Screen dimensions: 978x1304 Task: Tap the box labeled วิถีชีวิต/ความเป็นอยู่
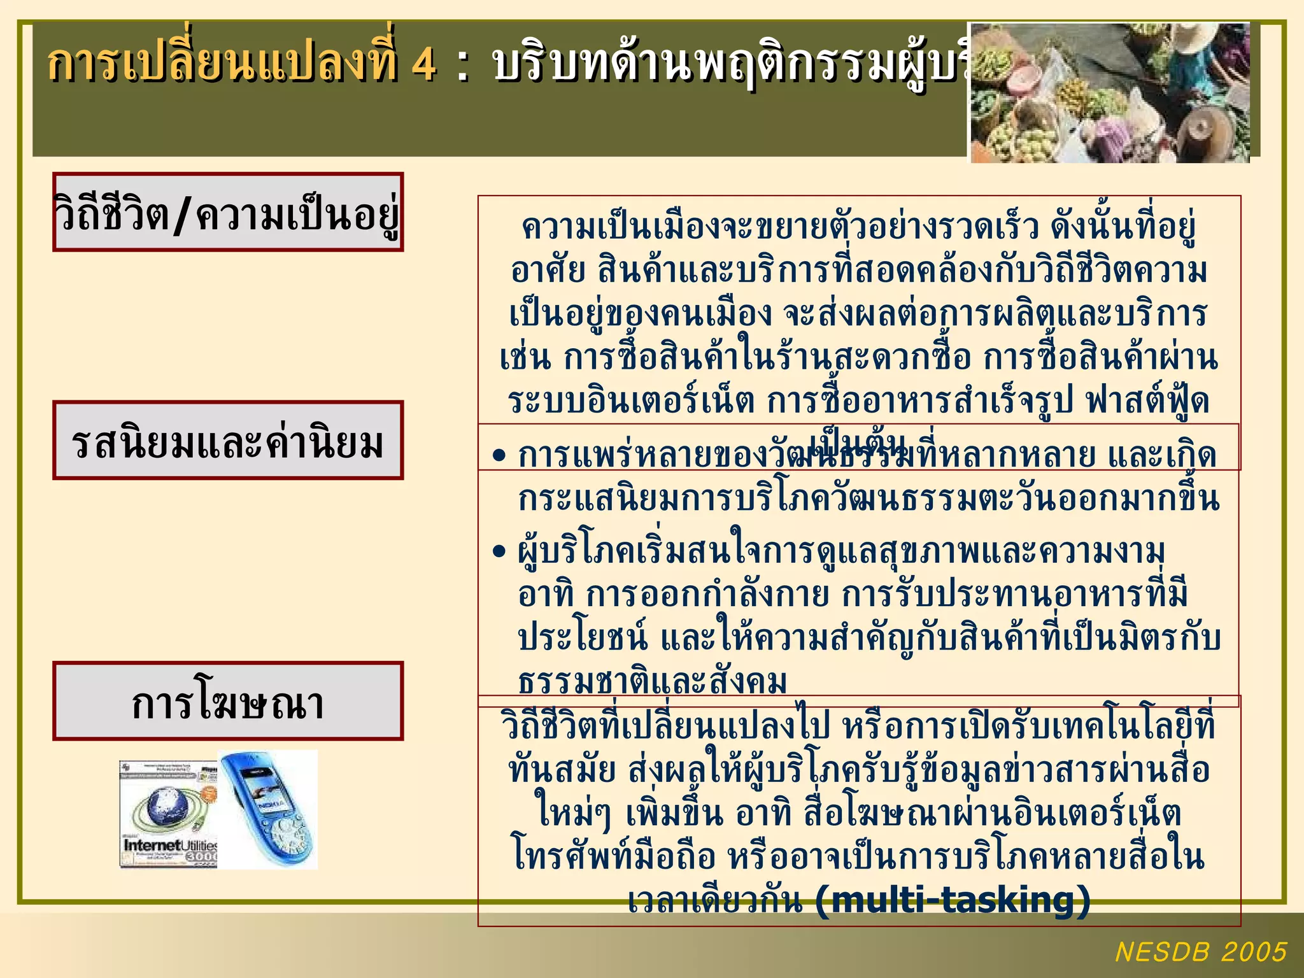pos(228,212)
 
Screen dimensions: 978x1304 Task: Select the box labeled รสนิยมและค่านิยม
pos(228,441)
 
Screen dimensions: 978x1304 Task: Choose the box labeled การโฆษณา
pos(228,701)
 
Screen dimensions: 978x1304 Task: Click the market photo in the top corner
pos(1109,92)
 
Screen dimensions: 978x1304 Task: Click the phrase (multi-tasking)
pos(953,900)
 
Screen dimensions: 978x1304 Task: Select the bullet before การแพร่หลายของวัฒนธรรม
pos(499,456)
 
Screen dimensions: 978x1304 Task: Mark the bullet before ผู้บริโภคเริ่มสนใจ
pos(499,551)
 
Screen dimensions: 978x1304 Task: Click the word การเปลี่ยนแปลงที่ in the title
pos(223,64)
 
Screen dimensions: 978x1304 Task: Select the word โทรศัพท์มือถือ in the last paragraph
pos(615,857)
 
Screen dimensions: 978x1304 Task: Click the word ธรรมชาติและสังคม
pos(653,681)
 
